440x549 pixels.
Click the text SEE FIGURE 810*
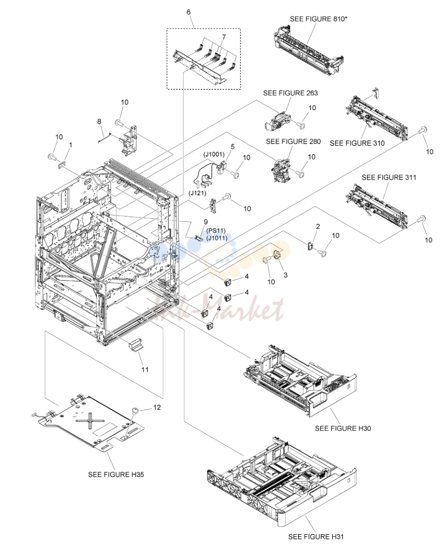[x=318, y=19]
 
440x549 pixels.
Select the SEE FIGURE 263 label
[x=290, y=93]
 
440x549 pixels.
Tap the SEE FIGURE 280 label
[x=293, y=141]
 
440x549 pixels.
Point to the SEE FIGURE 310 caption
[x=357, y=143]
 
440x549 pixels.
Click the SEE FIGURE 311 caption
[x=389, y=177]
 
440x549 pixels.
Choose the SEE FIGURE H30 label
[x=343, y=428]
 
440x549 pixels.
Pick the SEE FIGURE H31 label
[x=316, y=537]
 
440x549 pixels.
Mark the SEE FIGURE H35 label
[x=116, y=475]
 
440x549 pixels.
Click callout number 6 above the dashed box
[x=188, y=12]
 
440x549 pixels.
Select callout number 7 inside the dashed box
[x=224, y=37]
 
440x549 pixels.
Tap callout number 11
[x=145, y=370]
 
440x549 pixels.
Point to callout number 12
[x=157, y=407]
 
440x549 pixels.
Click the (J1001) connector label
[x=214, y=154]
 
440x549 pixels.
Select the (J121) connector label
[x=198, y=193]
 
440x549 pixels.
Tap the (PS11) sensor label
[x=216, y=231]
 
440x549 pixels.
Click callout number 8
[x=99, y=121]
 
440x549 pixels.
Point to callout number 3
[x=286, y=275]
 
